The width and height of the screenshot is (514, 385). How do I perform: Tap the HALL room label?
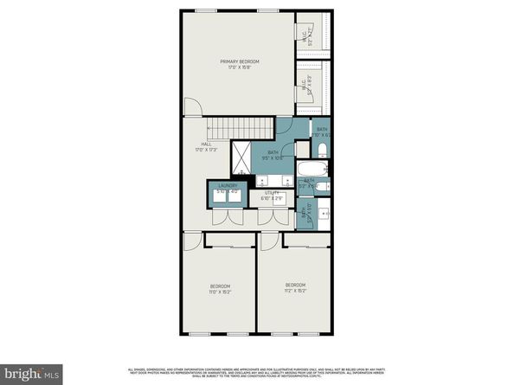[x=206, y=147]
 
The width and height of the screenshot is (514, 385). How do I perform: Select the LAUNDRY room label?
[x=228, y=187]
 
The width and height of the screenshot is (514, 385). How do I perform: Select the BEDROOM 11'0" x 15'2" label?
[x=220, y=289]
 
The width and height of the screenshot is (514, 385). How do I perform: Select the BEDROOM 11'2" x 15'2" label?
[x=297, y=287]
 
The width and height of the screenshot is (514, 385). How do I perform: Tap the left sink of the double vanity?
[x=260, y=183]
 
